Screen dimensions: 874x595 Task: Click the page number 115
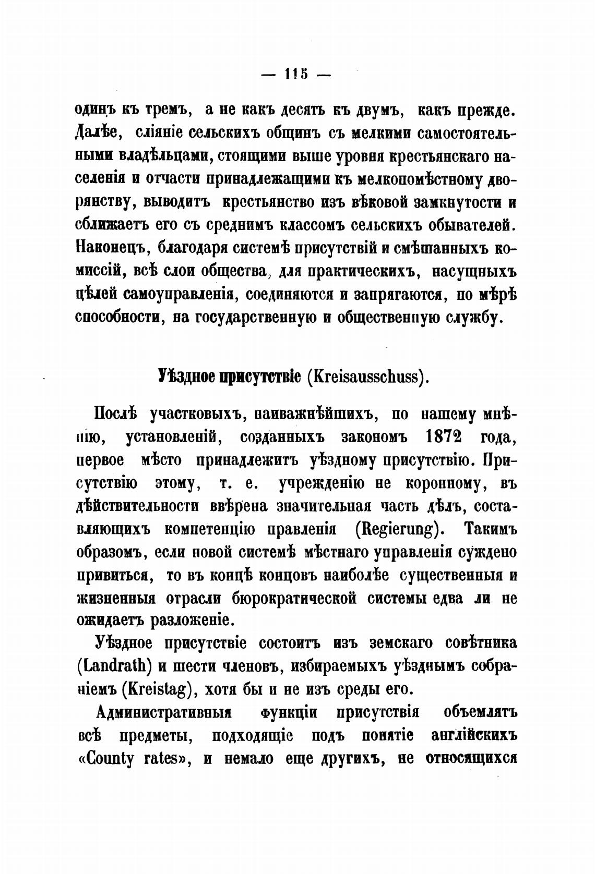[296, 74]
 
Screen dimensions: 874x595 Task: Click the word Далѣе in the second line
[99, 134]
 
